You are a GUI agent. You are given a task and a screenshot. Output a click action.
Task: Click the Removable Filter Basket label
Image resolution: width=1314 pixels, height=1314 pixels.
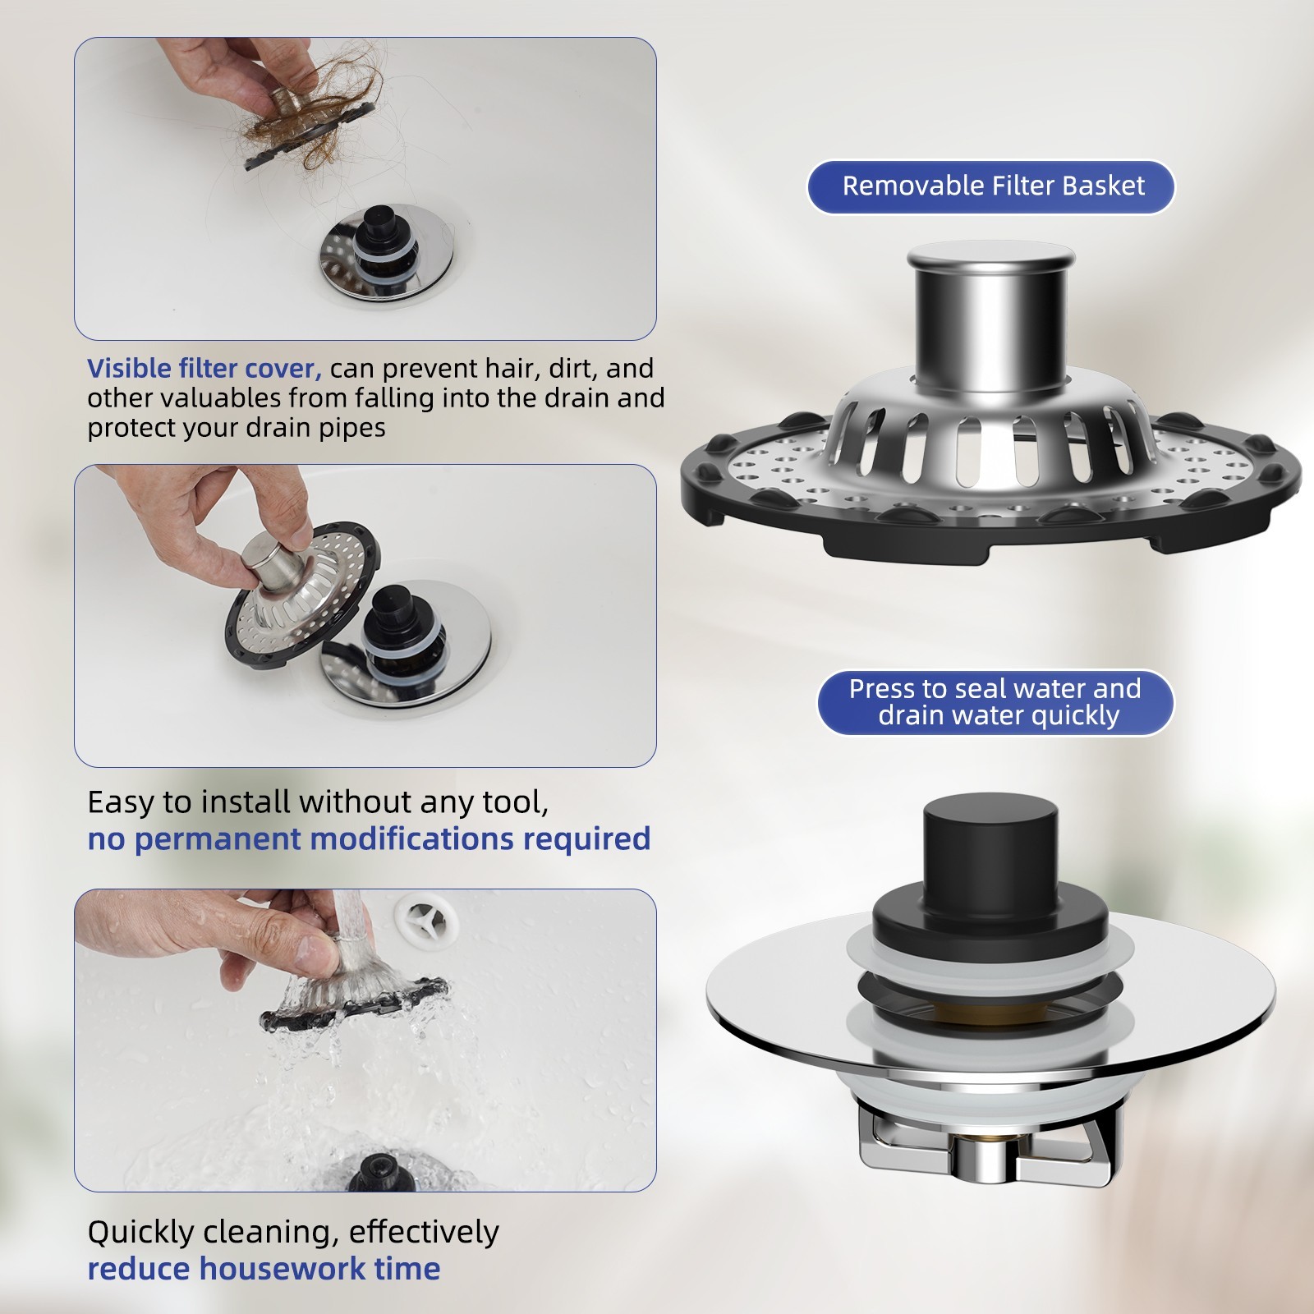click(991, 186)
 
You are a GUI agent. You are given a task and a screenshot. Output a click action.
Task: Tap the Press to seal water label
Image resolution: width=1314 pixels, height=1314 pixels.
click(995, 702)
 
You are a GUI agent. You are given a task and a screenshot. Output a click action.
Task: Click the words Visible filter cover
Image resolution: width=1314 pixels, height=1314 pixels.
click(203, 369)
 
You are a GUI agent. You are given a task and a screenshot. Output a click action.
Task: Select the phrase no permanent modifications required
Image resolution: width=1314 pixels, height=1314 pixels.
click(369, 838)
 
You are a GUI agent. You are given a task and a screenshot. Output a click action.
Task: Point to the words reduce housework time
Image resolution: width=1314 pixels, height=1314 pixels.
click(264, 1269)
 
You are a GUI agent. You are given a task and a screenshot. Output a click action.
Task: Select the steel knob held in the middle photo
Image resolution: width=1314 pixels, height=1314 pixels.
click(271, 558)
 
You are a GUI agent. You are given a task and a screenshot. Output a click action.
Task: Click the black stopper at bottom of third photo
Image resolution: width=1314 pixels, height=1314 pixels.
click(379, 1173)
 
